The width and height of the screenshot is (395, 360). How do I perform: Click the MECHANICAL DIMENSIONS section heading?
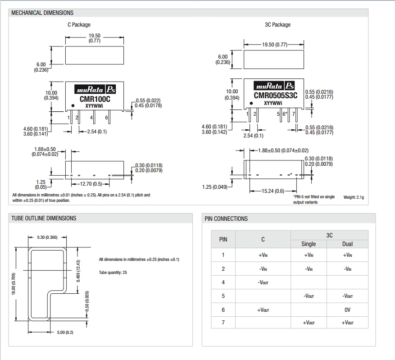(42, 13)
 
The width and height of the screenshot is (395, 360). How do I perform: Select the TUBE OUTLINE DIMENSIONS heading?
(44, 219)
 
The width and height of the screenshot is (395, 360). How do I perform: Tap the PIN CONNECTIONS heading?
(226, 219)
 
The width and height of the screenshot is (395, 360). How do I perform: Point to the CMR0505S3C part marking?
(275, 95)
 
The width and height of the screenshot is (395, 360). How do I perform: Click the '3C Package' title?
(277, 25)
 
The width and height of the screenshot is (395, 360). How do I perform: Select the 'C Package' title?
(79, 25)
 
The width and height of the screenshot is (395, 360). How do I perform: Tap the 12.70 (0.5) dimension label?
(91, 184)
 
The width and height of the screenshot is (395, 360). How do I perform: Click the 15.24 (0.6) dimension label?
(273, 191)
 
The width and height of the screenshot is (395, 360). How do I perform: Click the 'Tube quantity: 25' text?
(113, 273)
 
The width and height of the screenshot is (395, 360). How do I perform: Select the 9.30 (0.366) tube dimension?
(47, 237)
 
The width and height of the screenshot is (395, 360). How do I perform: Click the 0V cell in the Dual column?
(347, 310)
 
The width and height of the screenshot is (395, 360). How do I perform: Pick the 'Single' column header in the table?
(309, 244)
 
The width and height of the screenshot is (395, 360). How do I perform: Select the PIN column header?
(223, 239)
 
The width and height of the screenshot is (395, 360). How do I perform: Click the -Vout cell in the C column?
(263, 283)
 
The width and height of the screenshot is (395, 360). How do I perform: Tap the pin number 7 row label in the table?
(223, 323)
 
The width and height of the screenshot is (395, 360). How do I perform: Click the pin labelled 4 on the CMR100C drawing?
(92, 118)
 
